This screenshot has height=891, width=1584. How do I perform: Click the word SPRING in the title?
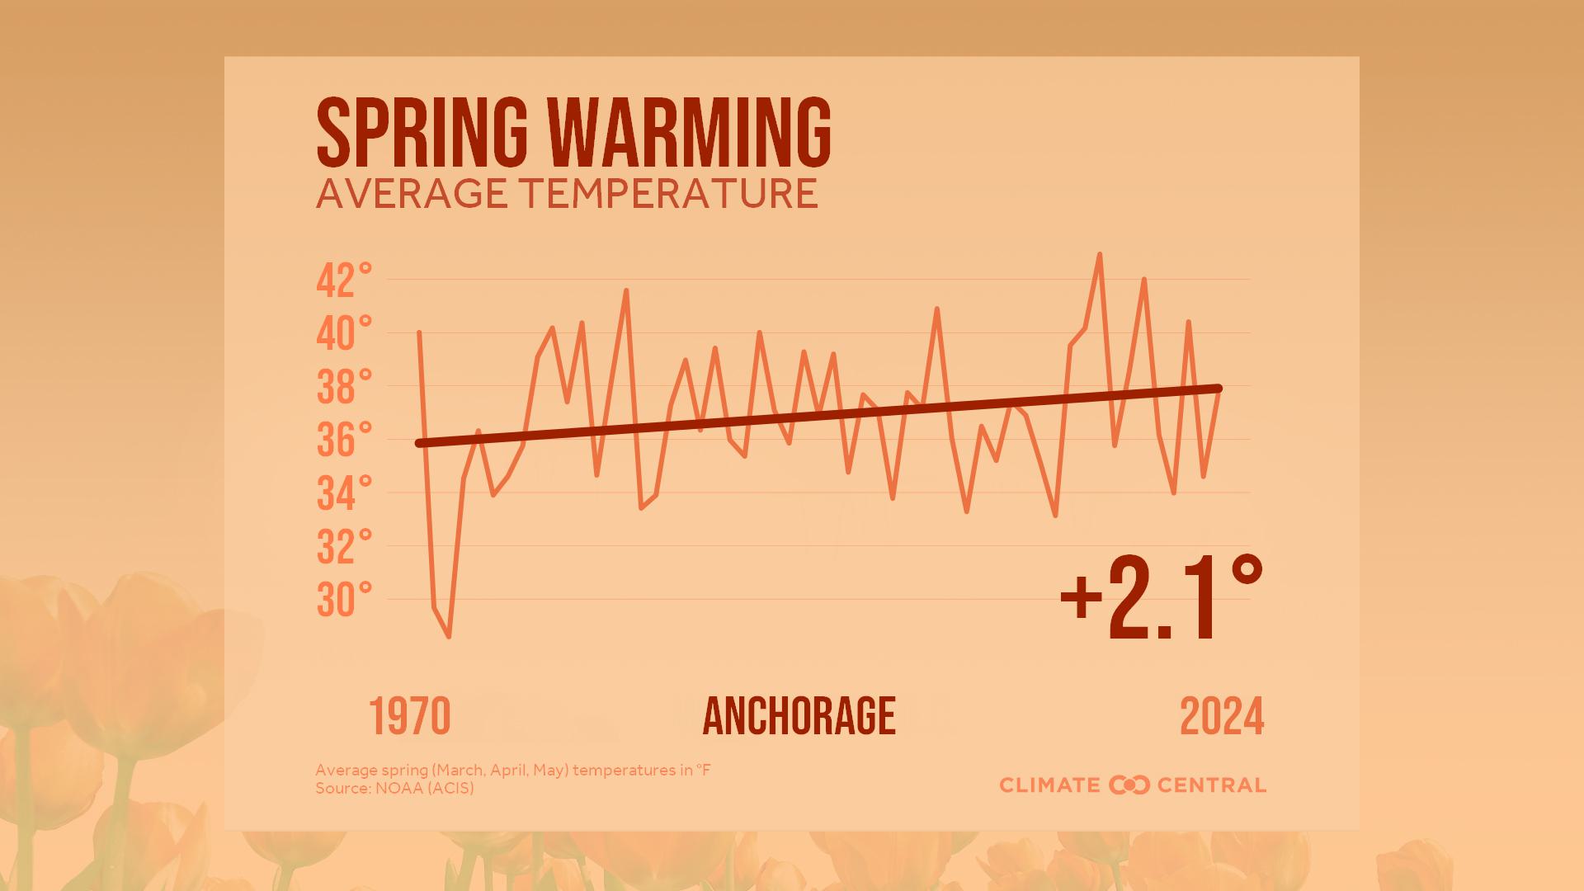(x=422, y=133)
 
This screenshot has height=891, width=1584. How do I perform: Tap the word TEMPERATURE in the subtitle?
(x=669, y=194)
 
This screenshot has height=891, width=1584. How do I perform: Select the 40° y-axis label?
(x=344, y=334)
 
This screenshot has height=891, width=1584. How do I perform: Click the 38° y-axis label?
(x=344, y=388)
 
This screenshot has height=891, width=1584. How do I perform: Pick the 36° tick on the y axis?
(x=344, y=441)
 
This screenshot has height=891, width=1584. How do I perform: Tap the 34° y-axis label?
(x=344, y=494)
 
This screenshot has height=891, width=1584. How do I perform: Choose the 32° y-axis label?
(x=344, y=547)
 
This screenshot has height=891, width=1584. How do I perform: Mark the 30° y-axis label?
(x=344, y=601)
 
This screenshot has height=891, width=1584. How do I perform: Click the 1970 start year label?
(x=410, y=717)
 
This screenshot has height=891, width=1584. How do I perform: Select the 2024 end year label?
(x=1222, y=717)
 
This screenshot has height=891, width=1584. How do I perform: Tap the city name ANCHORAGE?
(x=799, y=716)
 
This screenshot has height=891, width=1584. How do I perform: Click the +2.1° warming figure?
(x=1161, y=598)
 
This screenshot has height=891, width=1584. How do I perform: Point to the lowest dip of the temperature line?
(x=449, y=636)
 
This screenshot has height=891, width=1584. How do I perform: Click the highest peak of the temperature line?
(x=1099, y=255)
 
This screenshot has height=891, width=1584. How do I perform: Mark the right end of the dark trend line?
(x=1218, y=389)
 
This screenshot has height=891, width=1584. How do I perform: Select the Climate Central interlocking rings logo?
(x=1129, y=785)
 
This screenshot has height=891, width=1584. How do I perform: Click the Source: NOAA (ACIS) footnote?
(x=394, y=789)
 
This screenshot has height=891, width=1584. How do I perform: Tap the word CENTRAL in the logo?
(x=1211, y=785)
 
